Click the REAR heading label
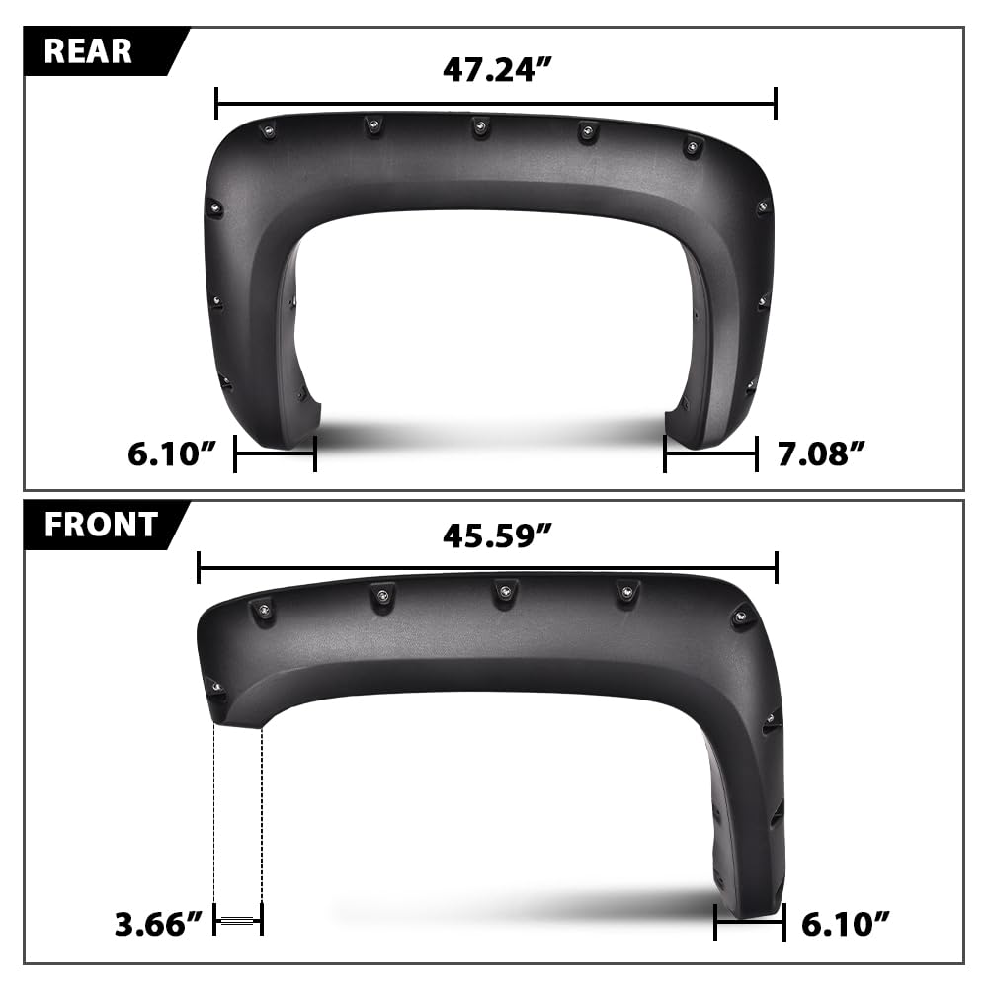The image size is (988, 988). click(x=88, y=51)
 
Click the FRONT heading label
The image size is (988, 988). click(x=101, y=525)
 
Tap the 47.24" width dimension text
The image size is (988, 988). click(x=497, y=69)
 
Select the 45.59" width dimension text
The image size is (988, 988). click(x=497, y=536)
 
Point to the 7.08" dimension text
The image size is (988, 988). click(x=821, y=453)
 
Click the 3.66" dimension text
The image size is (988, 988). click(x=158, y=924)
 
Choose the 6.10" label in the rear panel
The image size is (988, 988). click(x=171, y=453)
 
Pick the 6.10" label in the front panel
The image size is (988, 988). click(x=845, y=924)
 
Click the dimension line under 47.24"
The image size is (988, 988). click(x=496, y=104)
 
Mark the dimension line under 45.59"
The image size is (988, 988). click(x=488, y=568)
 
